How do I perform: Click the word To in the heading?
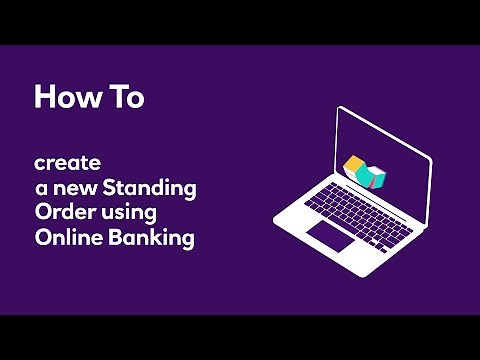(x=128, y=97)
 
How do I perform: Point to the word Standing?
(x=147, y=187)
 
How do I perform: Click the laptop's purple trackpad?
(x=331, y=238)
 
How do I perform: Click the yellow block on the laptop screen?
(x=353, y=165)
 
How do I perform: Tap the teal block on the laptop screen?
(x=374, y=176)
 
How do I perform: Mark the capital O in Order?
(x=42, y=213)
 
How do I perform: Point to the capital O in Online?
(x=42, y=239)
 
